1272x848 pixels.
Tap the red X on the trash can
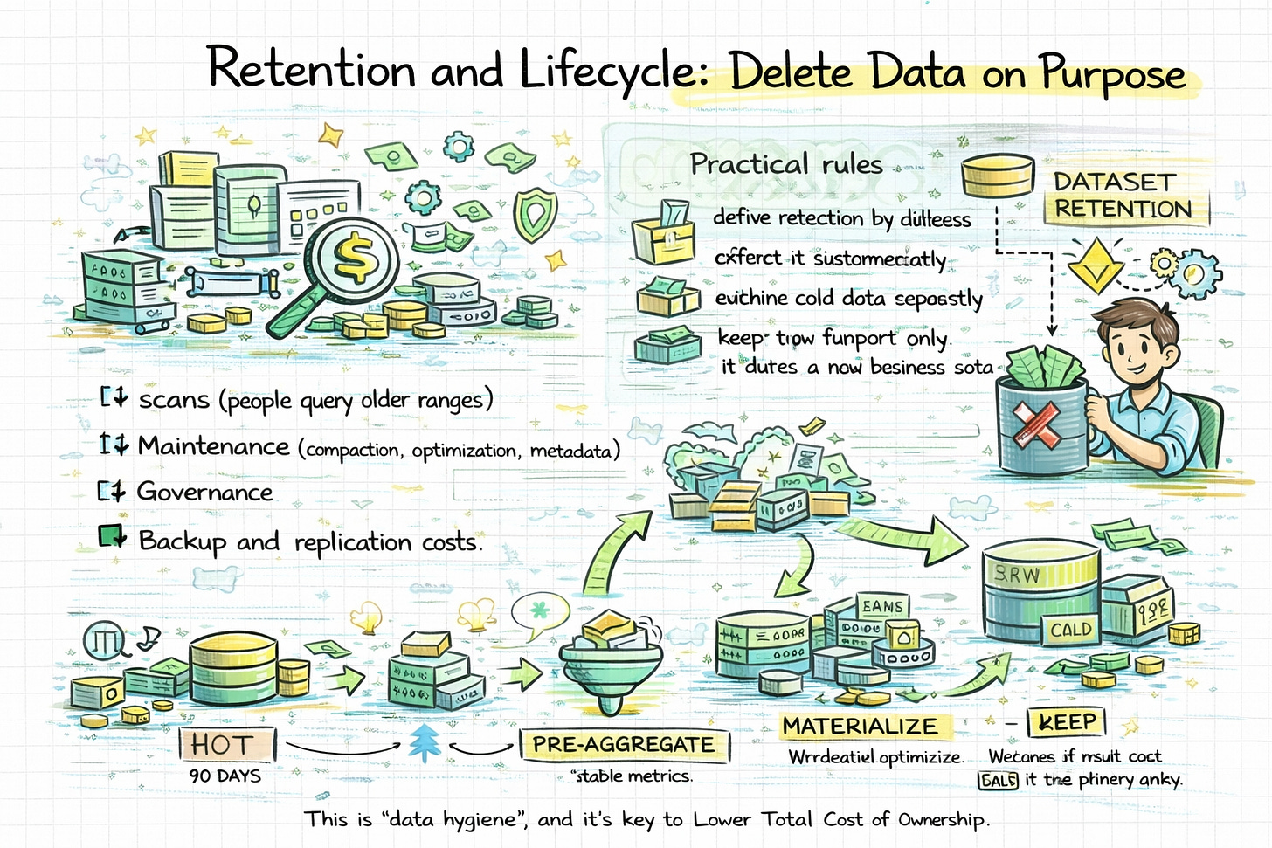(1037, 425)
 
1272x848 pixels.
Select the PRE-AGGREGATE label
(624, 745)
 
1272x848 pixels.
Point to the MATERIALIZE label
(860, 726)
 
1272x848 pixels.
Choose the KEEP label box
(1067, 722)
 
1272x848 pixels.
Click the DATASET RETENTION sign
(1123, 196)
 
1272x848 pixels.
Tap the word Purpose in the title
(1112, 75)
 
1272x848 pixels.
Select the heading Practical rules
(786, 164)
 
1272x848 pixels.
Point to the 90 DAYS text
(225, 776)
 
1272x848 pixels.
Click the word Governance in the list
(205, 493)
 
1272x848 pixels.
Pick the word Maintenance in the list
(213, 446)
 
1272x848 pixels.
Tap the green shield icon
(534, 213)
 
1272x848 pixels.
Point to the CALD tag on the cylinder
(1071, 629)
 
